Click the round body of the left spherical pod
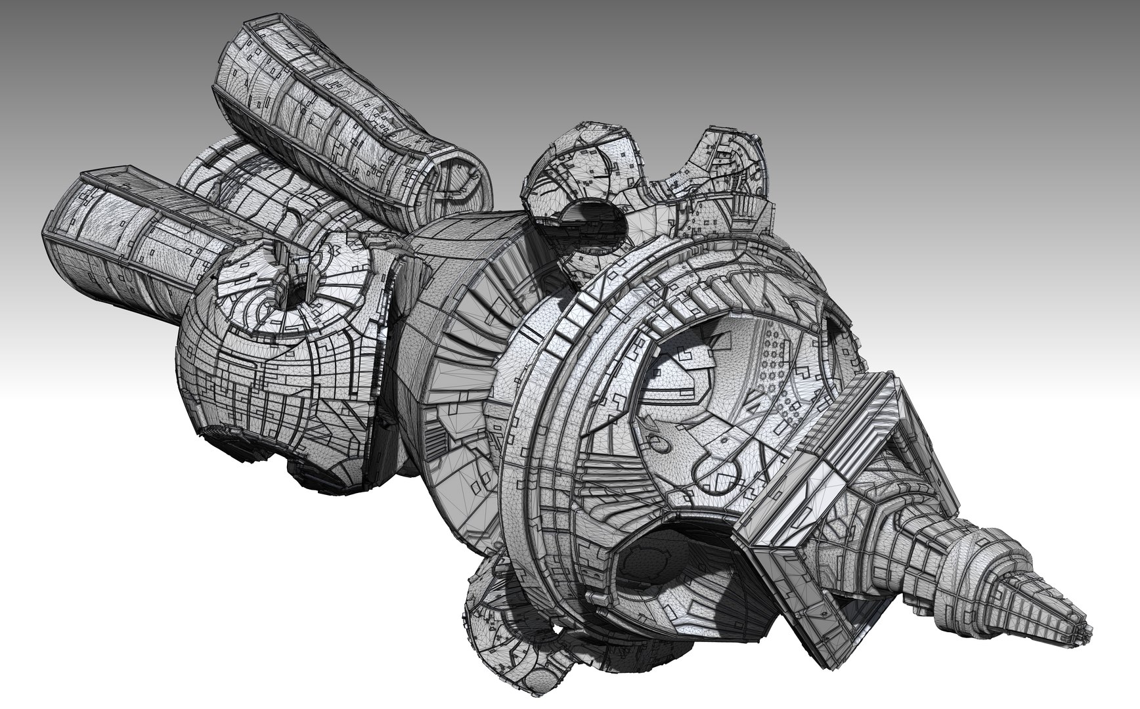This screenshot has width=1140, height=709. click(x=263, y=368)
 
